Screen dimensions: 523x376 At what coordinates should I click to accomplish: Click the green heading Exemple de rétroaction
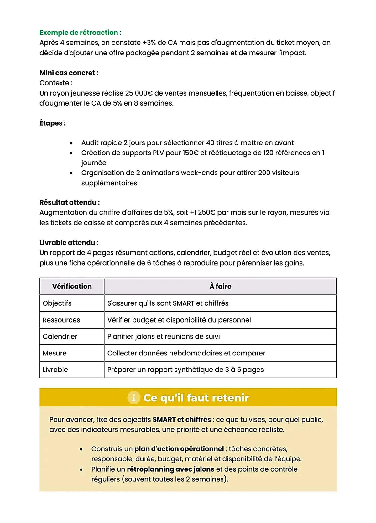[80, 33]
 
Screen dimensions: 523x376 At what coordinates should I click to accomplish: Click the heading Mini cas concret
[69, 73]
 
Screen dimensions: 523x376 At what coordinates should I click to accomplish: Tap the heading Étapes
[52, 123]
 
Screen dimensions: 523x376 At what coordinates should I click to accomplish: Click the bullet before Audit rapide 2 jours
[71, 143]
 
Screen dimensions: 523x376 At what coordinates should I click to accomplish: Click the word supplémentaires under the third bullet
[109, 183]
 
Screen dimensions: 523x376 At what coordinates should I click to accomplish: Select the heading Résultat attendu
[69, 203]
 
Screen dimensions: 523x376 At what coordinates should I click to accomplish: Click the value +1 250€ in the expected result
[202, 213]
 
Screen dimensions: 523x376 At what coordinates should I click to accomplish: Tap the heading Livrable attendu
[69, 243]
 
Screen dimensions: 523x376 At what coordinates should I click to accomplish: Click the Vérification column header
[72, 287]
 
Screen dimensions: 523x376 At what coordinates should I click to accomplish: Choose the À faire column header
[220, 287]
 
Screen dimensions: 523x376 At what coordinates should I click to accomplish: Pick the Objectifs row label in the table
[57, 303]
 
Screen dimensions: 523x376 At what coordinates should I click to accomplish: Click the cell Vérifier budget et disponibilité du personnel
[179, 320]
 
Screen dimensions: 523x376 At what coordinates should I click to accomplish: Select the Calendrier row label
[60, 337]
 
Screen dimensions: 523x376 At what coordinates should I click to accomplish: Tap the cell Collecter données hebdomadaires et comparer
[186, 353]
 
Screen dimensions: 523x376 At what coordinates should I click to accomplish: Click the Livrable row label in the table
[55, 370]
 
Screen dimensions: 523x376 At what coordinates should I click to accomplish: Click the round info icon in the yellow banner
[134, 398]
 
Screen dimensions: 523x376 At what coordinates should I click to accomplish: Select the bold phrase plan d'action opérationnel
[179, 449]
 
